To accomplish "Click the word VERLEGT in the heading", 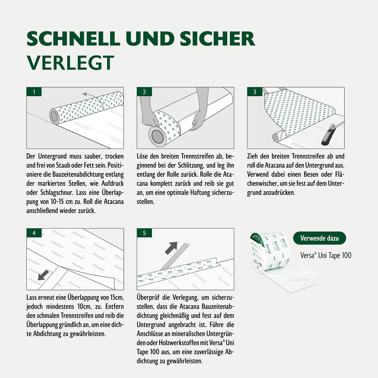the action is [x=71, y=63].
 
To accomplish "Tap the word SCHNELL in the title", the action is [x=73, y=39].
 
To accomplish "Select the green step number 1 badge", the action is [x=34, y=92].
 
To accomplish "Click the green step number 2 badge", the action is [x=144, y=92].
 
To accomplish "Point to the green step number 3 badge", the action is [x=255, y=92].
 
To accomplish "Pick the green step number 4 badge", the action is [x=34, y=233].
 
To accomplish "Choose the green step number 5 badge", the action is [x=144, y=233].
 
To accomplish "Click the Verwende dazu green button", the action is [x=320, y=238].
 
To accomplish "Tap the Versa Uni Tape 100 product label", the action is [x=326, y=256].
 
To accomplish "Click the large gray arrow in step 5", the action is [x=172, y=248].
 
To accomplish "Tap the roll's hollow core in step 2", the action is [x=157, y=136].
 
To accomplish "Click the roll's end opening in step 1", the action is [x=54, y=116].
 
